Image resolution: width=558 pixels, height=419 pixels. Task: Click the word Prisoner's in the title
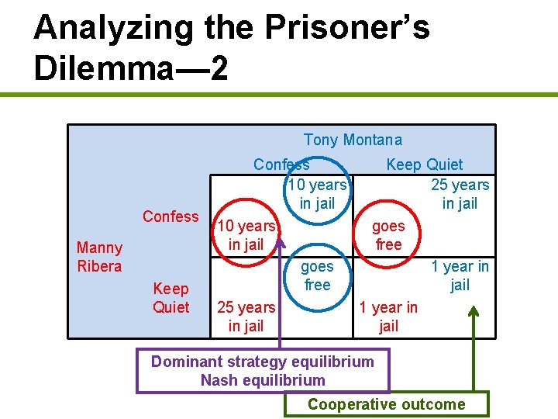pyautogui.click(x=348, y=27)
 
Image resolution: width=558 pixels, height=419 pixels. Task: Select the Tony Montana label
pyautogui.click(x=353, y=140)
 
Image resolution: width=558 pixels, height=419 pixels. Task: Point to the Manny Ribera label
pyautogui.click(x=99, y=257)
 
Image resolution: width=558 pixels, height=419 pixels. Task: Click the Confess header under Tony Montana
pyautogui.click(x=281, y=164)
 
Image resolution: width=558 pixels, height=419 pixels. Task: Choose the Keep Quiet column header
pyautogui.click(x=424, y=164)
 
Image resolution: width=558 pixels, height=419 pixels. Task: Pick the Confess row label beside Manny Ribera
pyautogui.click(x=170, y=216)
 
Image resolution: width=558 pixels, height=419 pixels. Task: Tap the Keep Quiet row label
pyautogui.click(x=170, y=298)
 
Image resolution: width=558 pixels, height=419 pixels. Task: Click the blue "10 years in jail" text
pyautogui.click(x=317, y=194)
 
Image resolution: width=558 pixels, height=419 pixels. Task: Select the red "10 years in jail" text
pyautogui.click(x=246, y=235)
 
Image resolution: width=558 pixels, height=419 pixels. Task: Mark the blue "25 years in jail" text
pyautogui.click(x=460, y=194)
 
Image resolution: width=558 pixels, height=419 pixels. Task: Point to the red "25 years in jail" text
pyautogui.click(x=246, y=317)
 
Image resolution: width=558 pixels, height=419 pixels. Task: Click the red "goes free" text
pyautogui.click(x=388, y=235)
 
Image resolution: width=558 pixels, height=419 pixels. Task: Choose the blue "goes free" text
pyautogui.click(x=317, y=275)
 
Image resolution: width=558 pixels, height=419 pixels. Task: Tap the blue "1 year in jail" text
pyautogui.click(x=460, y=275)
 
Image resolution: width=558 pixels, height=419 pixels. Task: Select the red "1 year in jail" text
pyautogui.click(x=388, y=317)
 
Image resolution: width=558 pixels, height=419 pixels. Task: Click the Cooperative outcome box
pyautogui.click(x=386, y=404)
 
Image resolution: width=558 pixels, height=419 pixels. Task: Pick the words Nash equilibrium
pyautogui.click(x=263, y=380)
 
